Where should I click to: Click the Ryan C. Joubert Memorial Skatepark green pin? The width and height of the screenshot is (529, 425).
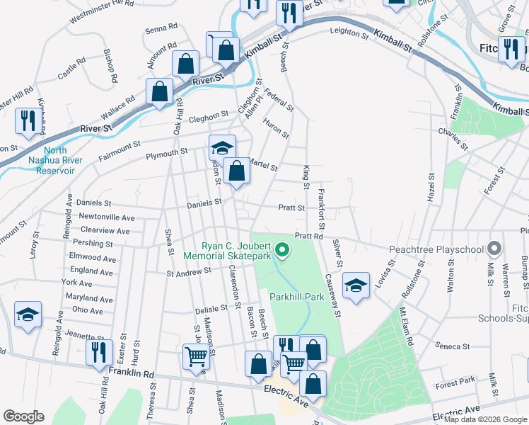point(282,249)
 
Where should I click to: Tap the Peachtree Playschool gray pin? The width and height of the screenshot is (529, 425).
point(494,249)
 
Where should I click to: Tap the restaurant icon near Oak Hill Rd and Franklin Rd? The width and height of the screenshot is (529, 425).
point(97,352)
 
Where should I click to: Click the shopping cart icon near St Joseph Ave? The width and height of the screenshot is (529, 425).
point(195,357)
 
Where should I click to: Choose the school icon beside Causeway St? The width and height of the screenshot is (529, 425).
point(356,285)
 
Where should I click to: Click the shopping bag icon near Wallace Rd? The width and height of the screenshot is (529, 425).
point(160,91)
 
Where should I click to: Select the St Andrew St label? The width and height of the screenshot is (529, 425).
point(189,271)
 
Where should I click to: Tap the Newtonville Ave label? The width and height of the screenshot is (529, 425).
point(107,217)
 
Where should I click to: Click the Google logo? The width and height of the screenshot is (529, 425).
point(23,416)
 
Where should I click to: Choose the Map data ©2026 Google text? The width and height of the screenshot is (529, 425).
point(485,419)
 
